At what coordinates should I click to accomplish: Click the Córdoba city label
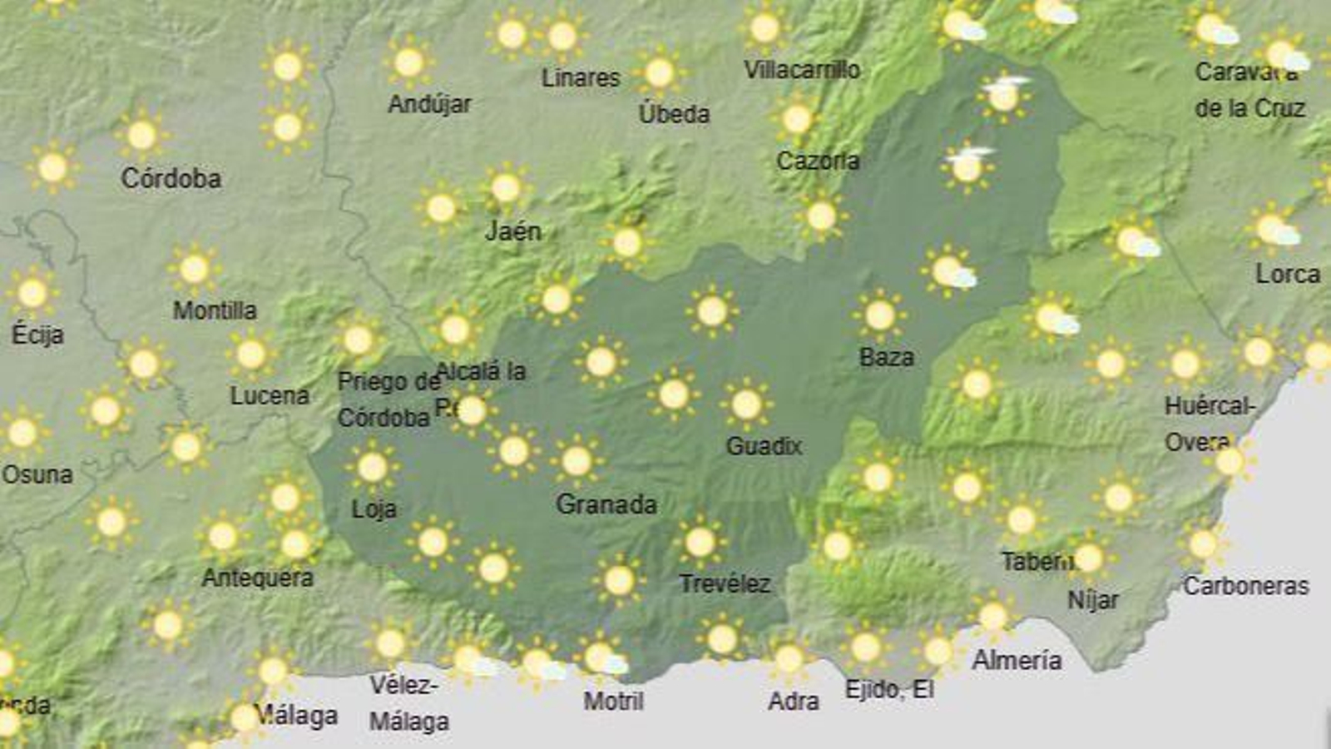(x=171, y=178)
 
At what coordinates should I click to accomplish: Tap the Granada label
(x=606, y=504)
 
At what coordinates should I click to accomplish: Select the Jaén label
(x=512, y=231)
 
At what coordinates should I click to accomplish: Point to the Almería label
(x=1017, y=661)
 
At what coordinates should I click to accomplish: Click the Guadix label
(x=764, y=446)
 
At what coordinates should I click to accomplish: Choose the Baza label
(x=886, y=357)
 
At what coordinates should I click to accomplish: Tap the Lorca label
(x=1287, y=274)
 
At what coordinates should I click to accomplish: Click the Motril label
(x=613, y=701)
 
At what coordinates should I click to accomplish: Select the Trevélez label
(x=724, y=583)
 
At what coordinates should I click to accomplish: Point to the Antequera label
(x=258, y=578)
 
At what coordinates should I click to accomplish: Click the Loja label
(x=374, y=508)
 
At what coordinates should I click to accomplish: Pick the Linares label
(x=581, y=78)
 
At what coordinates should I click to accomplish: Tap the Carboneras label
(x=1245, y=586)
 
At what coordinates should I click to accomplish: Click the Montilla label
(x=215, y=310)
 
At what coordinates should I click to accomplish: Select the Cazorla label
(x=817, y=161)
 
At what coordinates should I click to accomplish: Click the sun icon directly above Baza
(x=879, y=315)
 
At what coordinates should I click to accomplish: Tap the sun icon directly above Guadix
(x=746, y=405)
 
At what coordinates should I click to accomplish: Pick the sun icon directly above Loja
(x=372, y=467)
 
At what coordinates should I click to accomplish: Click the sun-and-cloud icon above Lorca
(x=1273, y=229)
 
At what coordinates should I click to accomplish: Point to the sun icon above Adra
(x=788, y=659)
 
